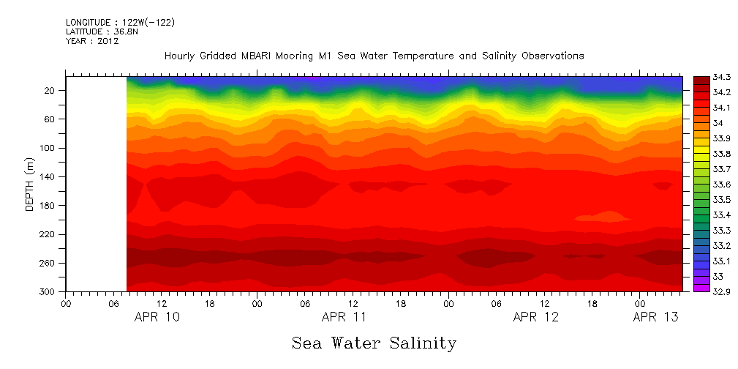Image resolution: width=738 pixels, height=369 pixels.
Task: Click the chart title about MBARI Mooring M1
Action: pos(374,56)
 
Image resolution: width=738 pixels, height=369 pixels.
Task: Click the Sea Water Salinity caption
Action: pos(374,343)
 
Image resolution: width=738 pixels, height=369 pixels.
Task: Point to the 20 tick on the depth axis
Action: pos(50,91)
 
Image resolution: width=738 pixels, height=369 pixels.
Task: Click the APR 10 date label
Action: pos(157,317)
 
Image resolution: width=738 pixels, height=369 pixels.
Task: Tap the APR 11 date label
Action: pos(344,317)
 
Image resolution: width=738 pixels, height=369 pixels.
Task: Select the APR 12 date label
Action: pos(535,317)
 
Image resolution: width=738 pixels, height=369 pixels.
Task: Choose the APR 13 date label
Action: pos(655,317)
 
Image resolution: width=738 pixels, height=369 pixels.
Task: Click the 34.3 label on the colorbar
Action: pos(714,77)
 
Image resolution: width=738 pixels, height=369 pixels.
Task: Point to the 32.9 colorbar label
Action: pos(714,291)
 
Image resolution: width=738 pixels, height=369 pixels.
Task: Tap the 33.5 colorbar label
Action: pos(714,200)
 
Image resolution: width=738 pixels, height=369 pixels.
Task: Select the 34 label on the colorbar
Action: pos(710,123)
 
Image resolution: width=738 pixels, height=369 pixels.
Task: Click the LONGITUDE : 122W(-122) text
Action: pos(120,23)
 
